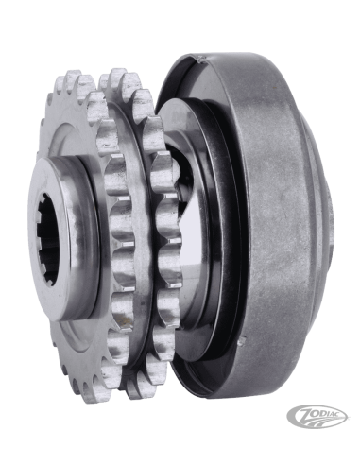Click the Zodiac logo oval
317,417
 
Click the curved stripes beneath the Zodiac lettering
319,422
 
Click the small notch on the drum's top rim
200,59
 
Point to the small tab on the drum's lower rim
242,341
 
